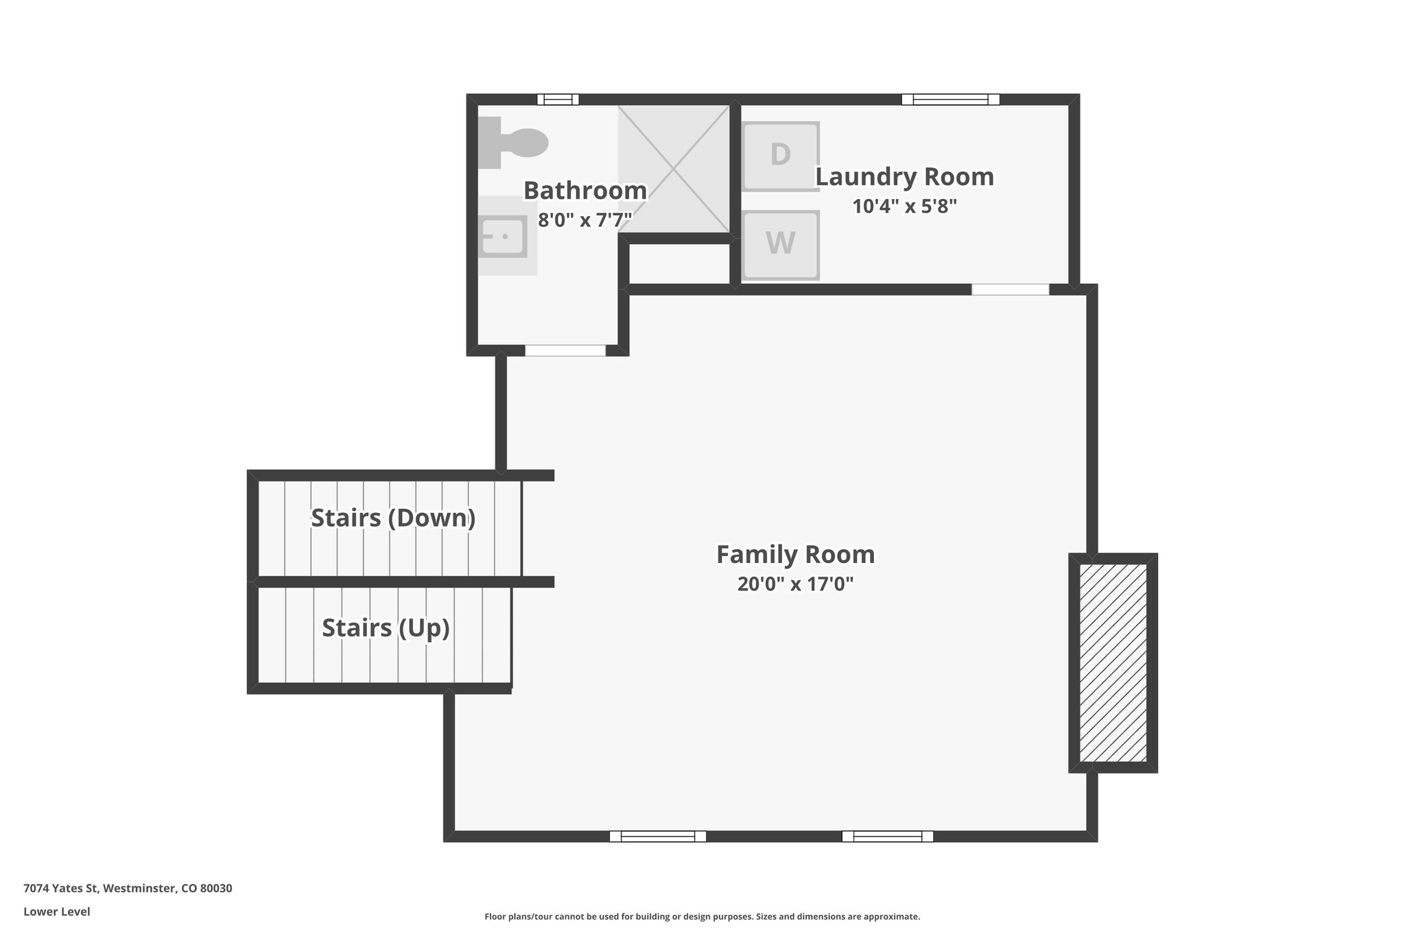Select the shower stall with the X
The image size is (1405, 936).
pyautogui.click(x=674, y=169)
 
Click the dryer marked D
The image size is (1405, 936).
pyautogui.click(x=781, y=156)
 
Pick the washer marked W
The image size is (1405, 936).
pyautogui.click(x=781, y=244)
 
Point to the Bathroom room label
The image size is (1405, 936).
pyautogui.click(x=585, y=191)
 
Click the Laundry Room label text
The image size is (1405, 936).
pyautogui.click(x=904, y=177)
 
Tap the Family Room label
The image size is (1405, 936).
pyautogui.click(x=795, y=554)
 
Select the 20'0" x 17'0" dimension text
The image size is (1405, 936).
pyautogui.click(x=795, y=584)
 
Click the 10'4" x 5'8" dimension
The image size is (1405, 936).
pyautogui.click(x=904, y=206)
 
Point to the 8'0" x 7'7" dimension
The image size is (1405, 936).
pyautogui.click(x=585, y=220)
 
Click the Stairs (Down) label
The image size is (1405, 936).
pyautogui.click(x=393, y=518)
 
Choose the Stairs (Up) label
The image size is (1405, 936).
pyautogui.click(x=386, y=627)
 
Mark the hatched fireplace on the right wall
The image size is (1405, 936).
pyautogui.click(x=1113, y=662)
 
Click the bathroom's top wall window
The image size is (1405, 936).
pyautogui.click(x=558, y=99)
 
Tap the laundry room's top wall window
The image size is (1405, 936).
pyautogui.click(x=950, y=99)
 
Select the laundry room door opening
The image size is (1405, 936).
pyautogui.click(x=1010, y=289)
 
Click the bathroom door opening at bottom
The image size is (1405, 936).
pyautogui.click(x=565, y=350)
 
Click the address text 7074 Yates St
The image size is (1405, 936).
pyautogui.click(x=128, y=889)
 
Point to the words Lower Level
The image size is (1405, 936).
pyautogui.click(x=57, y=912)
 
